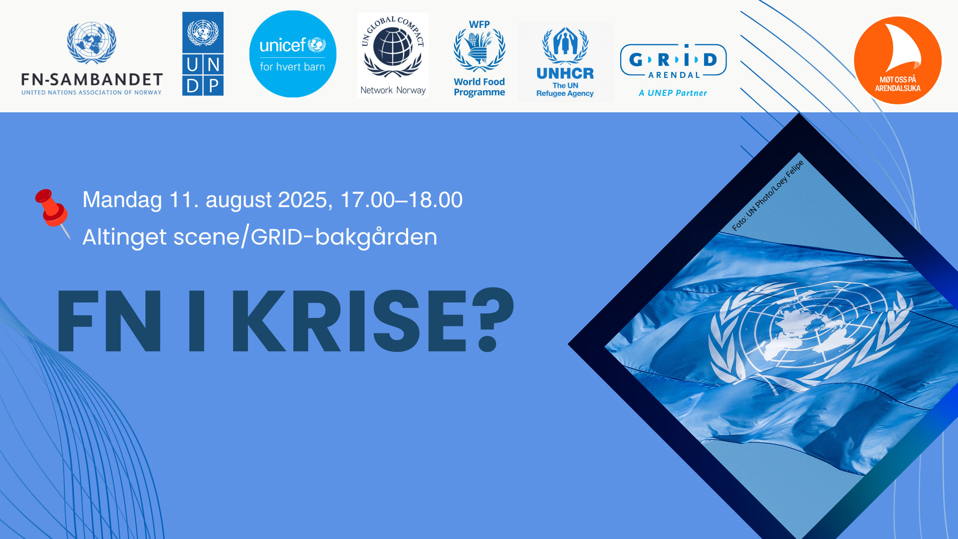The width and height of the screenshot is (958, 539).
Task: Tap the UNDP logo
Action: pos(203,54)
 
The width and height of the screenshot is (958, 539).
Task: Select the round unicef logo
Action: pos(293,54)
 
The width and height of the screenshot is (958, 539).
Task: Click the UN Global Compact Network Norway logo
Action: pos(393,55)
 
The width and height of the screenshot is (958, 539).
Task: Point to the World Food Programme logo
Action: pos(479,58)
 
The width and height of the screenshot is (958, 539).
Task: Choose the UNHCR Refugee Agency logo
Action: pos(565,62)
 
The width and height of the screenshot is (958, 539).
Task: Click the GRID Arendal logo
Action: pos(673,70)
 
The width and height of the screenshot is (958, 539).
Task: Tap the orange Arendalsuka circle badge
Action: pos(898,60)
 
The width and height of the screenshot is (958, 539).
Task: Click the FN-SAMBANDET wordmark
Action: pos(92,79)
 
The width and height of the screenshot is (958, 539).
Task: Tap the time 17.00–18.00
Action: pos(402,200)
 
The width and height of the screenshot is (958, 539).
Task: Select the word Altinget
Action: pos(125,237)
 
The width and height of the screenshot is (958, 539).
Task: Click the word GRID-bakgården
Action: pos(344,237)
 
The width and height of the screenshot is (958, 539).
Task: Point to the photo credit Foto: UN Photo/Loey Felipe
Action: pos(767,196)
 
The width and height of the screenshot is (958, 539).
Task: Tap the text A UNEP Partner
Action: pos(673,93)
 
